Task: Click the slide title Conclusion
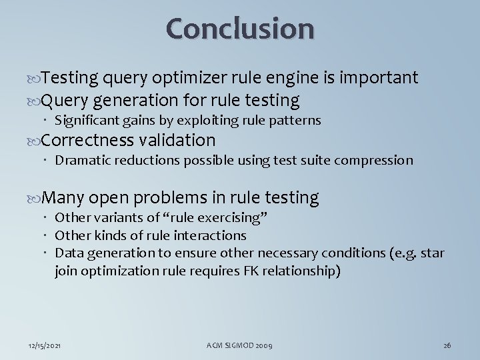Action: [x=240, y=28]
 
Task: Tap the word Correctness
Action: [x=89, y=141]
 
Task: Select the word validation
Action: [x=178, y=141]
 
